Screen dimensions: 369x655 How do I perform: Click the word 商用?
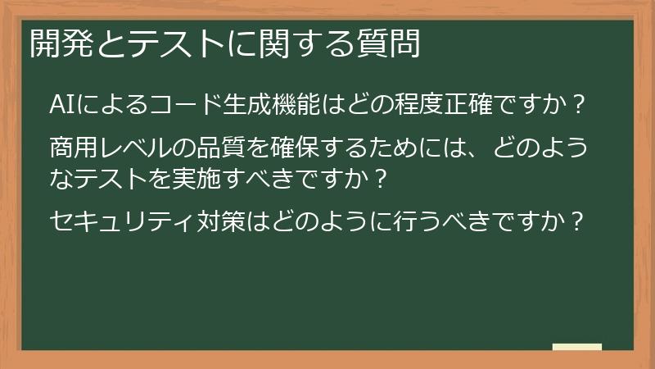pyautogui.click(x=74, y=150)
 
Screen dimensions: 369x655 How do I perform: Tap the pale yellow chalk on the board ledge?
pyautogui.click(x=577, y=347)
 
